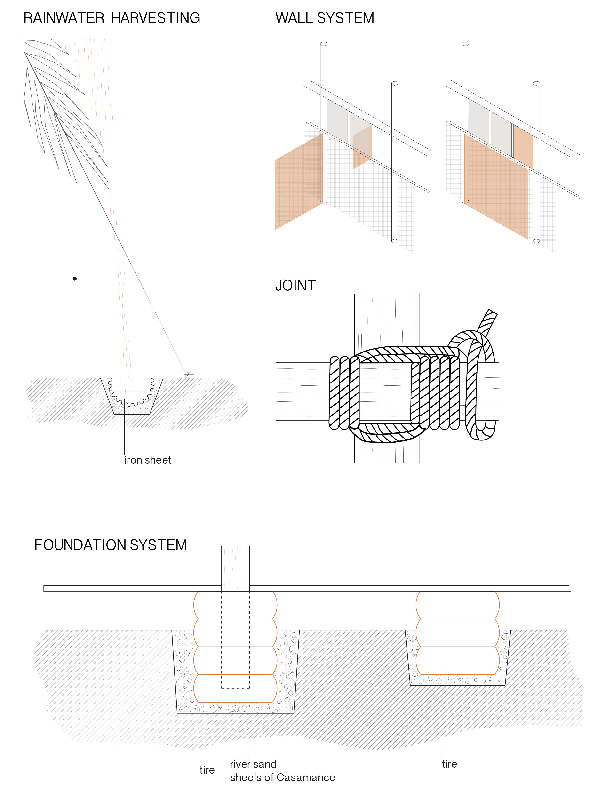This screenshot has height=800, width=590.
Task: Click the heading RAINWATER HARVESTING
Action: [x=112, y=18]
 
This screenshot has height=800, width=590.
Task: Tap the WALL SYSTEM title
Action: [x=325, y=18]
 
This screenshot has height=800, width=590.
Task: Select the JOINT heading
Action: [x=295, y=286]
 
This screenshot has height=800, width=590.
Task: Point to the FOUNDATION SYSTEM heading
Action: [x=110, y=545]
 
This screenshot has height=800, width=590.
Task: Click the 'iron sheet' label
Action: [x=147, y=460]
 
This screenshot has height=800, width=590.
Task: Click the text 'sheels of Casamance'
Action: [x=282, y=777]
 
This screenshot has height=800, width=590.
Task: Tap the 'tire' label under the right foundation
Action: [x=449, y=764]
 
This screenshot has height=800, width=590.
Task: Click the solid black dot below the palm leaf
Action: [x=75, y=279]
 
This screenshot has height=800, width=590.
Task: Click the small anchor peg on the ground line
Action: [x=189, y=374]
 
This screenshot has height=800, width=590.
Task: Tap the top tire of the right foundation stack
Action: [x=457, y=605]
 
